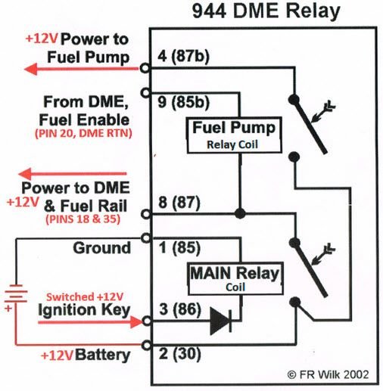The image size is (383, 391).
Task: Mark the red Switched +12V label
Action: pyautogui.click(x=80, y=296)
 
